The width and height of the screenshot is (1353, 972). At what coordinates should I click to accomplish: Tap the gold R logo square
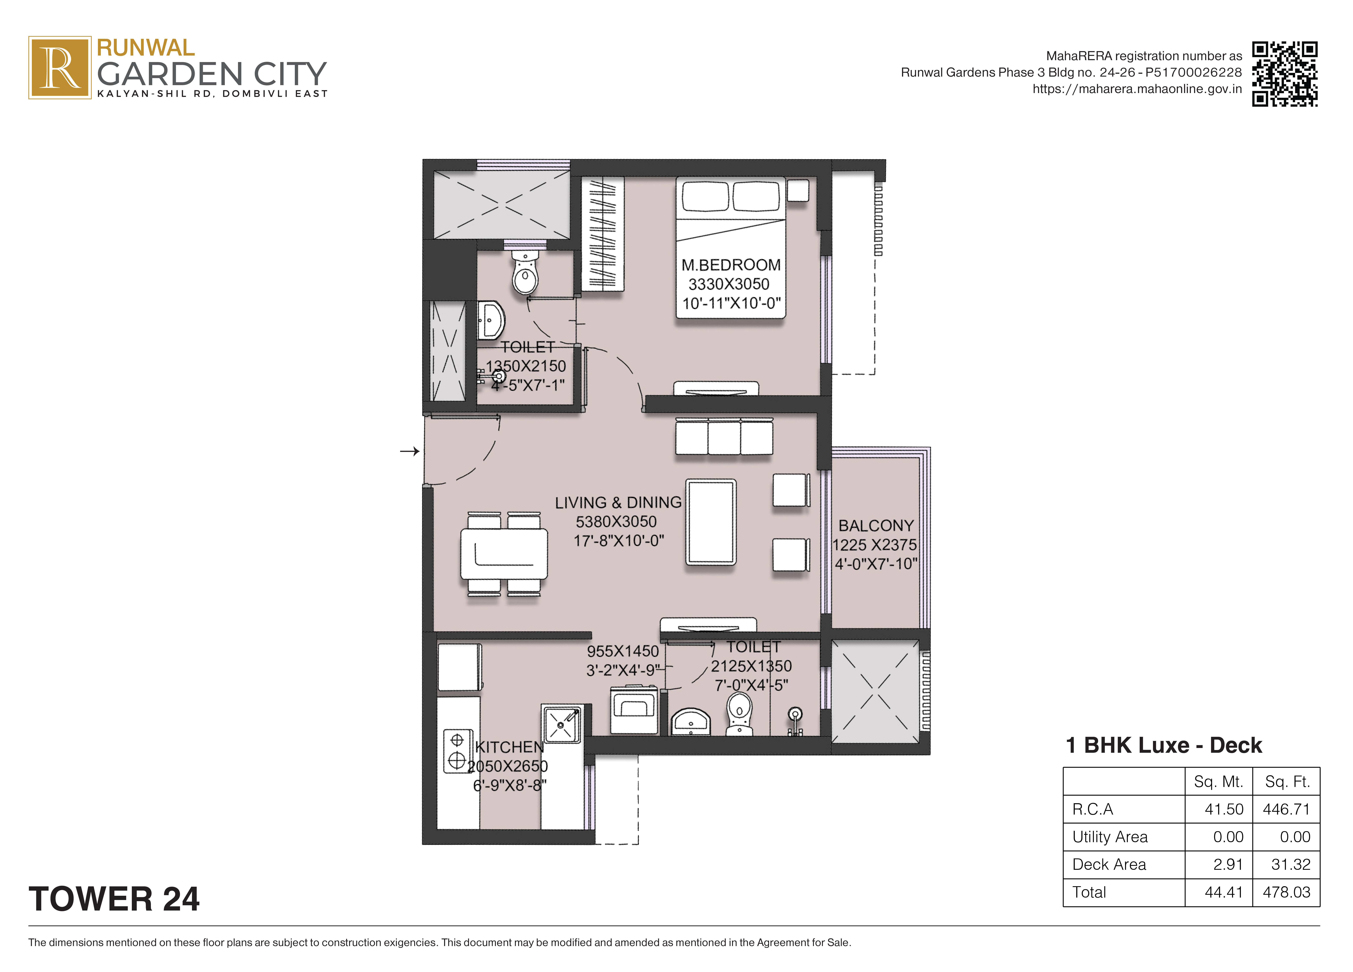click(60, 67)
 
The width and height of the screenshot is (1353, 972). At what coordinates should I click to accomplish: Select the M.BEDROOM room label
click(731, 265)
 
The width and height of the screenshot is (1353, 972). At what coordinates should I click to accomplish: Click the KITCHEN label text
click(509, 747)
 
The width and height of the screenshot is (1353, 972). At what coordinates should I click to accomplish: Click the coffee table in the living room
click(711, 522)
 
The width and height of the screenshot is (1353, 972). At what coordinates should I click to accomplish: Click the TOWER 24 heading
click(114, 899)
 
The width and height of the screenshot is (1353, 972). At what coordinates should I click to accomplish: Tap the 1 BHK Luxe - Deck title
click(1163, 745)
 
